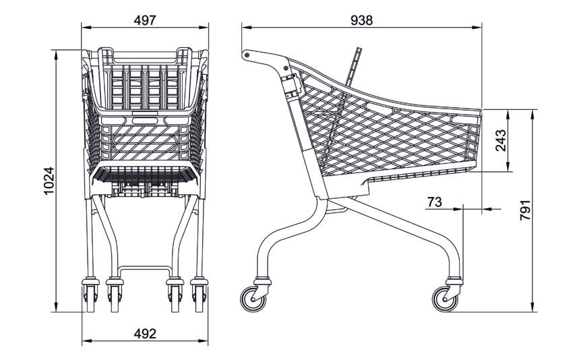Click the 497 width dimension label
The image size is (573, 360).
point(145,20)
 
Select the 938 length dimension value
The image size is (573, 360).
point(361,20)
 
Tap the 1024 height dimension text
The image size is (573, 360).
point(49,181)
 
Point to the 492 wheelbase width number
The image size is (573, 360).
point(145,333)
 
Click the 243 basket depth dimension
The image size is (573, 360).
point(501,140)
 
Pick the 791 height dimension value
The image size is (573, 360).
point(525,210)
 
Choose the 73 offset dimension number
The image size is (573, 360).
point(435,202)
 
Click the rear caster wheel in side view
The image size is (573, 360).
point(253,299)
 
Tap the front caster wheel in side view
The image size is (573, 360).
point(445,299)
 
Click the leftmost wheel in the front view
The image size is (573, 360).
point(90,298)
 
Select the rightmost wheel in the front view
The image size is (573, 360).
point(199,298)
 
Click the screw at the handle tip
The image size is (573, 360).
point(247,55)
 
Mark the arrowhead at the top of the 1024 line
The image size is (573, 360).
point(56,54)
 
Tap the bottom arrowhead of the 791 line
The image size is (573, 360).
point(533,307)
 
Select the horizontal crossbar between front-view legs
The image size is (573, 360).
point(145,268)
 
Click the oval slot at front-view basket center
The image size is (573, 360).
point(145,121)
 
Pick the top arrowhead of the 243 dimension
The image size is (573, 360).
point(508,114)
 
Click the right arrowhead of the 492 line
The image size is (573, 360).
point(203,340)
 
